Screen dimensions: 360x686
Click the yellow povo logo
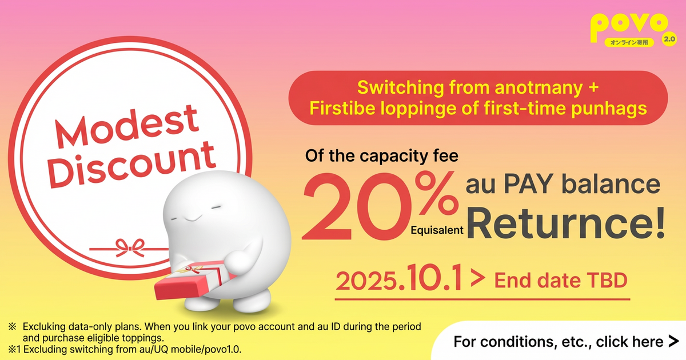628,26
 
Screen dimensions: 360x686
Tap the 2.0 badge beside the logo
669,39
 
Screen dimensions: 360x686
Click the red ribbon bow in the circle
129,247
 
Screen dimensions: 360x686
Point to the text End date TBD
560,281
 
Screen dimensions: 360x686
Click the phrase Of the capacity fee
382,155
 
